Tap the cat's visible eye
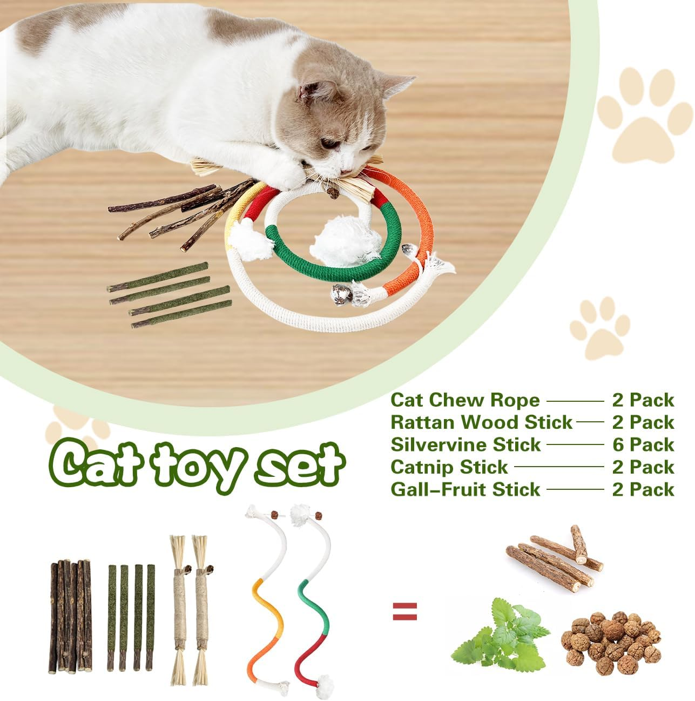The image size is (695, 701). click(329, 144)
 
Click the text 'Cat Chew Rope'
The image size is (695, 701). click(465, 400)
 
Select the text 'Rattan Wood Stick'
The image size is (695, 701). click(481, 422)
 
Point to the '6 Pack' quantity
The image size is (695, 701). click(643, 445)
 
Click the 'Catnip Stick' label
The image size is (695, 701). click(449, 467)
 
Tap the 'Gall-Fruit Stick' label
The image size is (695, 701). click(465, 490)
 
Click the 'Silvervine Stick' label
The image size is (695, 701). click(465, 445)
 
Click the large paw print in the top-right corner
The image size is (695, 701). click(643, 113)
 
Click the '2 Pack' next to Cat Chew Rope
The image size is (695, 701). click(643, 400)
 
